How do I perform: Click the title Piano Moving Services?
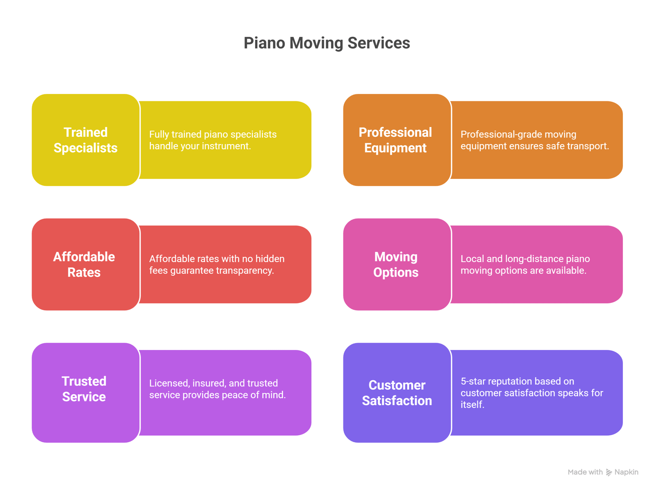[327, 43]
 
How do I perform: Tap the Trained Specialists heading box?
[85, 140]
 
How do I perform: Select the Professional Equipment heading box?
[396, 140]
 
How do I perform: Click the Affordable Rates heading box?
[85, 265]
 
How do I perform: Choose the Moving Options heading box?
[396, 265]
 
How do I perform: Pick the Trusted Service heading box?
[85, 389]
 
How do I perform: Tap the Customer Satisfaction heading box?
[396, 393]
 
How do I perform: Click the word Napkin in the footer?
[626, 472]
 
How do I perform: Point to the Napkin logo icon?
[609, 472]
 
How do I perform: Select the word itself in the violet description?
[472, 405]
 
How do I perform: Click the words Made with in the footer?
[585, 472]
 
